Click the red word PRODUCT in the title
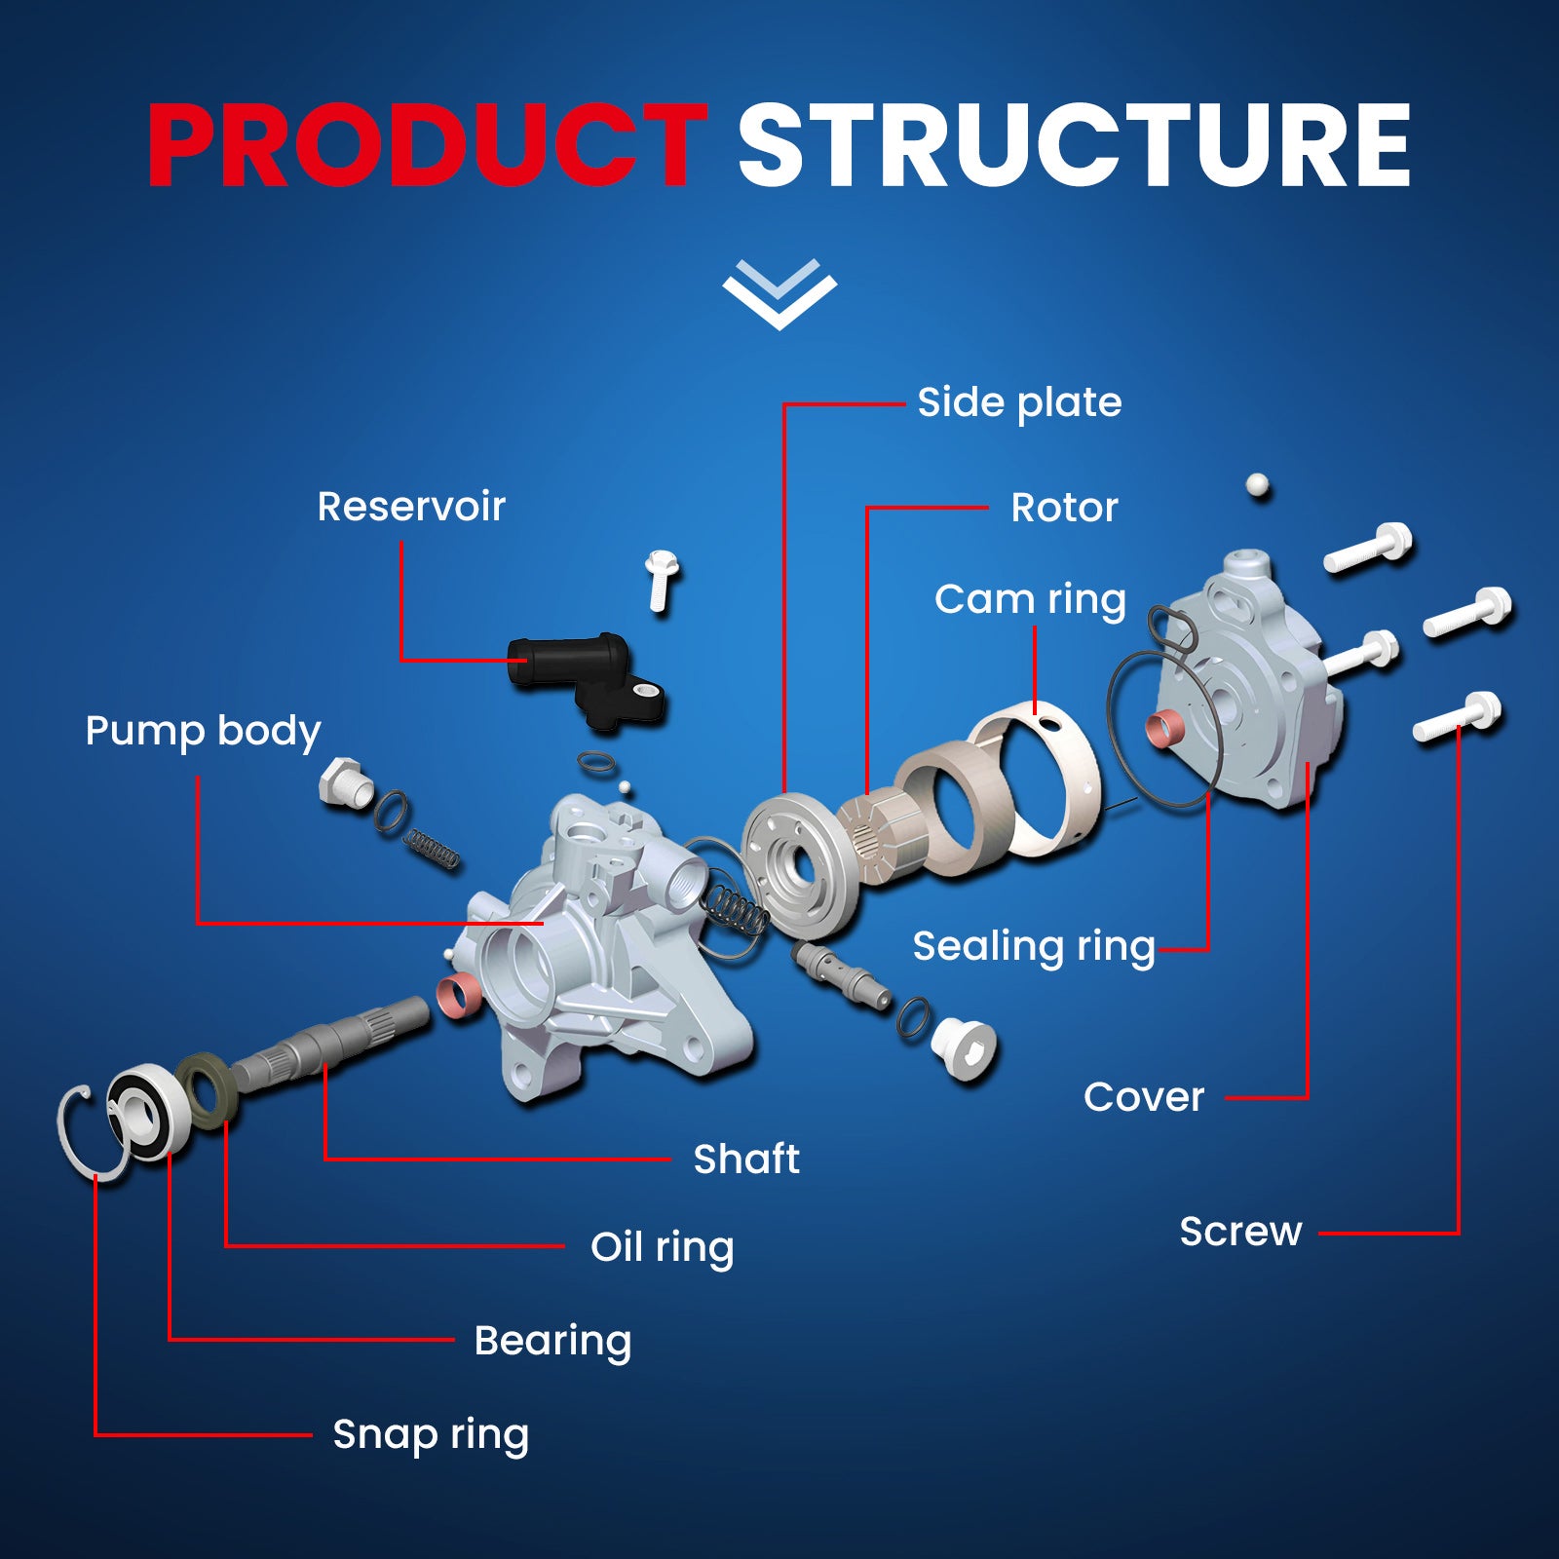(427, 145)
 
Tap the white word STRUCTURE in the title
(1073, 145)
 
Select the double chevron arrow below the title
(779, 293)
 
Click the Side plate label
(1019, 402)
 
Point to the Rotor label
(1064, 507)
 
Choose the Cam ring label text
(1030, 599)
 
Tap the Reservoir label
(411, 507)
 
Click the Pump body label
(203, 731)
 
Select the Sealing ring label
(1034, 946)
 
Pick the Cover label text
(1144, 1097)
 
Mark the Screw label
(1240, 1232)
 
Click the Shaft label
(746, 1159)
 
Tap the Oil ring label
(662, 1247)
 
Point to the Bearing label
(552, 1341)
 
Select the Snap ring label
(431, 1434)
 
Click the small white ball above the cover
(1258, 484)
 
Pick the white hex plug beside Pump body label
(344, 779)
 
